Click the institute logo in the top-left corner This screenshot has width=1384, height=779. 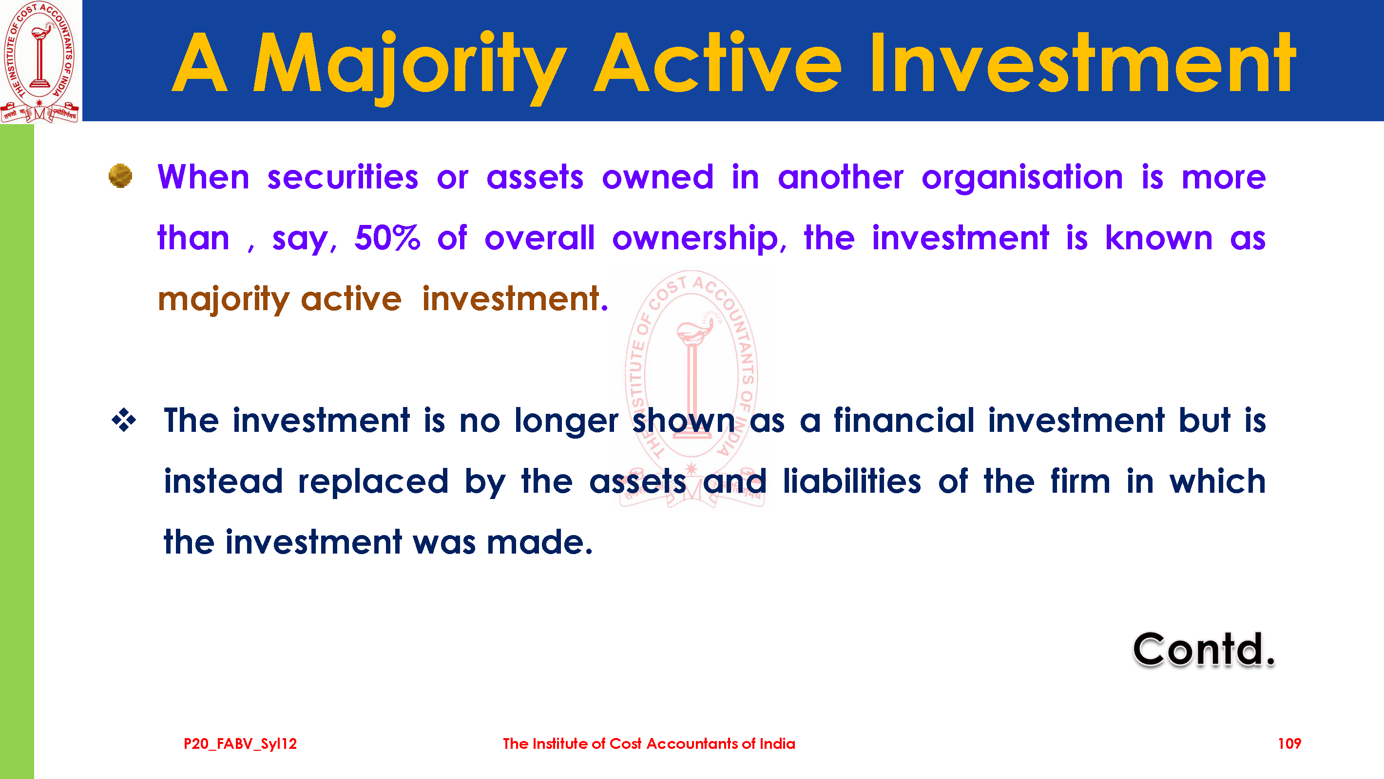[x=40, y=62]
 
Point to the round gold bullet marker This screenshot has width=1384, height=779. [x=120, y=176]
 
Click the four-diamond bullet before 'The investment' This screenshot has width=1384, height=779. [x=124, y=420]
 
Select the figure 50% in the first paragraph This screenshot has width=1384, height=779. [x=387, y=238]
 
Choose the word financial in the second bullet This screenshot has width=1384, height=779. [x=903, y=420]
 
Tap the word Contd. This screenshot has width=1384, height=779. [x=1204, y=649]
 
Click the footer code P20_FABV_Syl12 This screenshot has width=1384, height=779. [x=240, y=744]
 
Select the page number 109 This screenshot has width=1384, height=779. [x=1289, y=743]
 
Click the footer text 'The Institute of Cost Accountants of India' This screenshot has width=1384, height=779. [x=649, y=743]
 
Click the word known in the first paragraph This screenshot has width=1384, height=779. [x=1159, y=238]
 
